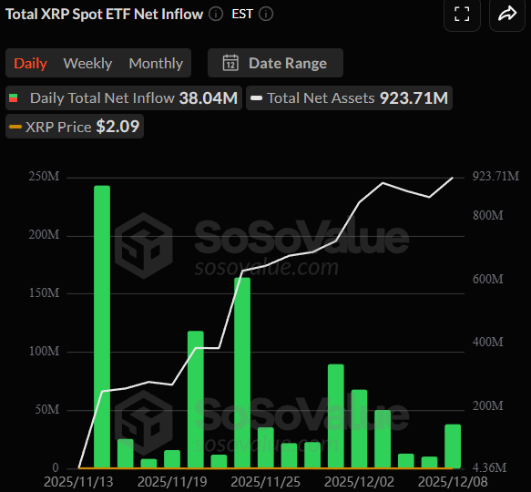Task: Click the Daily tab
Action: pos(30,64)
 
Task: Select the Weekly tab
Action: pos(87,64)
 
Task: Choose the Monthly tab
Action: pos(156,64)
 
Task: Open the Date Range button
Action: pos(274,63)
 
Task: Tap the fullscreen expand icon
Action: pos(462,14)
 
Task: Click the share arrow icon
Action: pos(507,14)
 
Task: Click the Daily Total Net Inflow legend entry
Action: pos(124,97)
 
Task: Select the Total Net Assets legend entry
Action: pos(350,97)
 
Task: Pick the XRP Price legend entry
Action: pos(75,127)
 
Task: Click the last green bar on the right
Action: pos(453,446)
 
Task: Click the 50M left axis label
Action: pos(48,410)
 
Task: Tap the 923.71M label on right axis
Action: pos(495,176)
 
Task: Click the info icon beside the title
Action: pos(215,15)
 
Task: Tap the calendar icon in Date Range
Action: pos(231,63)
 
